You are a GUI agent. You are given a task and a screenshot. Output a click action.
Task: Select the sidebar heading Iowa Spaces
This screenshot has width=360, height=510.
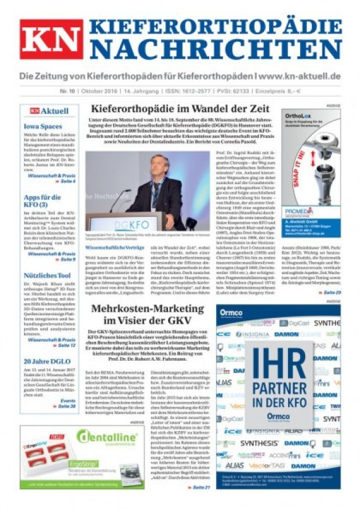point(44,126)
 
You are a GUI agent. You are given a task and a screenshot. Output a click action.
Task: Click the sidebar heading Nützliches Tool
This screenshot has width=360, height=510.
point(47,276)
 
